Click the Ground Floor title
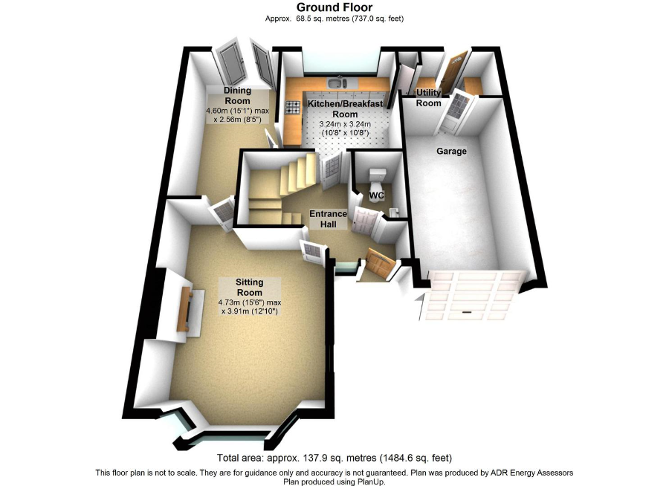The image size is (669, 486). click(x=334, y=7)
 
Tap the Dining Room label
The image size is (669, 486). click(x=238, y=96)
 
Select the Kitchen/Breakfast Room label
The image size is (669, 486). click(x=345, y=108)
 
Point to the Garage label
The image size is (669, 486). click(x=451, y=151)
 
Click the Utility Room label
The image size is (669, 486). click(x=428, y=97)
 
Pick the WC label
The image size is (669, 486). click(x=376, y=195)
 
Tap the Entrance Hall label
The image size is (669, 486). click(x=328, y=219)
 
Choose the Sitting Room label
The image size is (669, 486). click(x=250, y=287)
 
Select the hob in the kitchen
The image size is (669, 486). click(x=293, y=107)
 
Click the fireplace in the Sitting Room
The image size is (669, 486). click(x=186, y=309)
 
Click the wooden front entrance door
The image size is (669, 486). click(x=377, y=261)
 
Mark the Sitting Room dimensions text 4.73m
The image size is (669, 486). click(x=230, y=302)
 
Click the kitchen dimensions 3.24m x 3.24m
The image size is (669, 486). click(x=345, y=124)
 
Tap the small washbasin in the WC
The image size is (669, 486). click(x=394, y=212)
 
